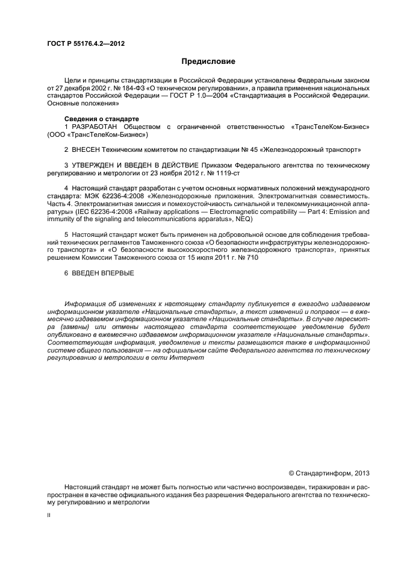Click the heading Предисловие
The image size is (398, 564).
pos(209,61)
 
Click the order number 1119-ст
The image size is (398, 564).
pos(227,173)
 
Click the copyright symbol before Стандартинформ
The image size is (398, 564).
pos(291,473)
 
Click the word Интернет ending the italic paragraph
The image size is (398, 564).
pos(189,358)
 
